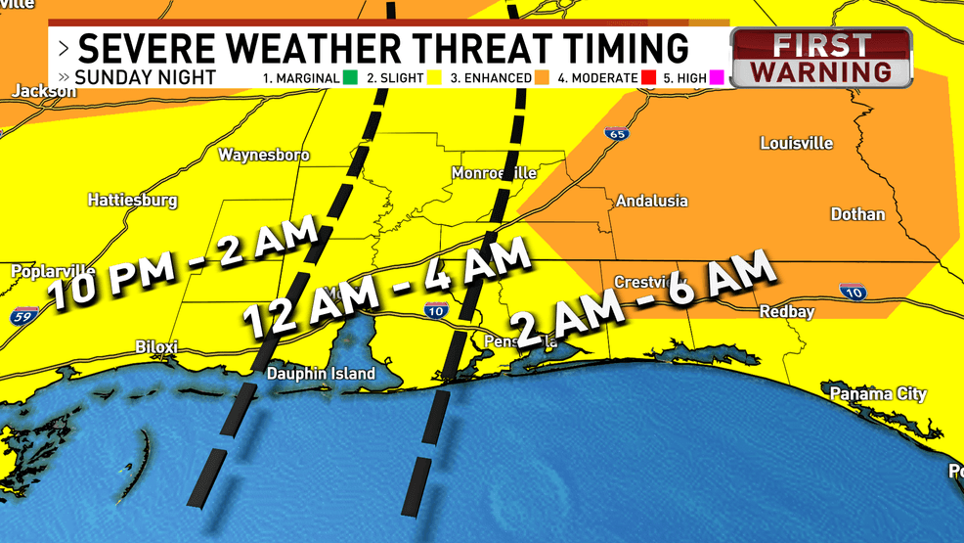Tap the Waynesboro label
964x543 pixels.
[x=250, y=155]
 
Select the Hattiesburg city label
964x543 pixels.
[x=133, y=200]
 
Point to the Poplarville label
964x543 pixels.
[x=53, y=271]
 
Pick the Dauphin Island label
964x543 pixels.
[x=322, y=374]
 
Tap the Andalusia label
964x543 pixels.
[x=651, y=201]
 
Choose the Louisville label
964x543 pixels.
[x=796, y=143]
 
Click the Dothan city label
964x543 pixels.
[x=856, y=214]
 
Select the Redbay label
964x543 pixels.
[x=787, y=311]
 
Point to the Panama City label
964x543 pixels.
[x=878, y=393]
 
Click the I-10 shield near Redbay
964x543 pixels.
[x=851, y=291]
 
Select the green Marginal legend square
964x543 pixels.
[x=348, y=77]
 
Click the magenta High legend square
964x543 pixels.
[x=716, y=77]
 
